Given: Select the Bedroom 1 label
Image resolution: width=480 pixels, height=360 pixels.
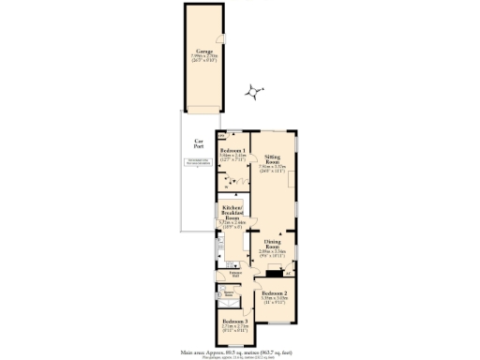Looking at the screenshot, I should point(232,150).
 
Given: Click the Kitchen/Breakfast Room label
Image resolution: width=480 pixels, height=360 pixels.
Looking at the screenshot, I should point(232,211).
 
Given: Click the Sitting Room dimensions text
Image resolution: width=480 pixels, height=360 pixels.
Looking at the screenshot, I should point(273,171).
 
